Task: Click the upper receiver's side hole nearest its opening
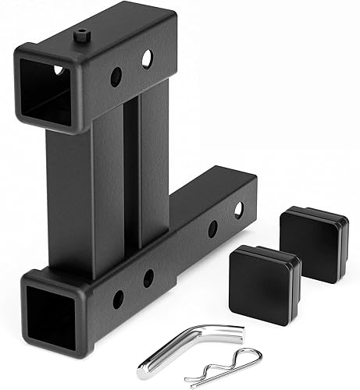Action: tap(116, 76)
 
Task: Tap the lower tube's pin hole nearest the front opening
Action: tap(119, 297)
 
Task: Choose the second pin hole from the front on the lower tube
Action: tap(148, 278)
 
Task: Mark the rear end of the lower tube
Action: tap(248, 195)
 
